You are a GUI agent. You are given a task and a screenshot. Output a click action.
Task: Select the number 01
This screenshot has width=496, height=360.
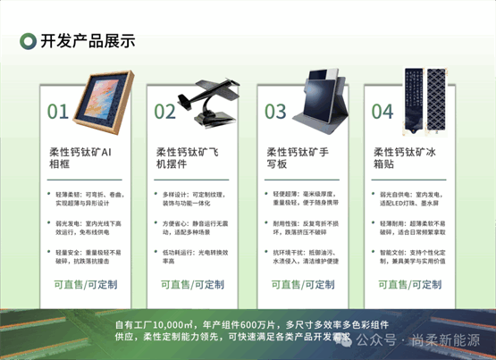(58, 112)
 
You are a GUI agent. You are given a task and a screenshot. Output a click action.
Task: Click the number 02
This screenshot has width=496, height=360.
(164, 112)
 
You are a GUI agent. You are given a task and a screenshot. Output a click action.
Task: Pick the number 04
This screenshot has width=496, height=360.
(383, 112)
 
